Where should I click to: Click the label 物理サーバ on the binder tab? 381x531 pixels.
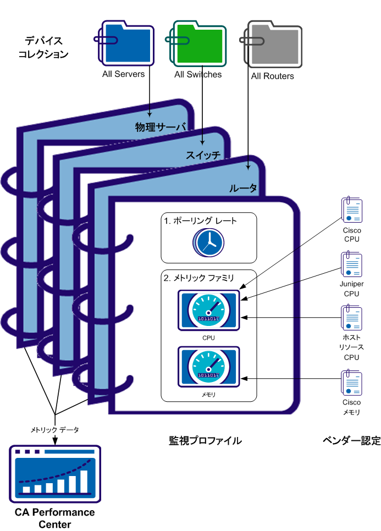coord(161,127)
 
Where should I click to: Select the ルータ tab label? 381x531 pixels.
coord(243,189)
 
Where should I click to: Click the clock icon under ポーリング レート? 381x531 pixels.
coord(208,242)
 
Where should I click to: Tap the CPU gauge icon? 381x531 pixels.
coord(208,310)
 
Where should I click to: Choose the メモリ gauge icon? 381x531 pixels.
coord(208,366)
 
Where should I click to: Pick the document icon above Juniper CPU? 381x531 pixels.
coord(351,264)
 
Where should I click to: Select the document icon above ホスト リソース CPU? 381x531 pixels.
coord(351,317)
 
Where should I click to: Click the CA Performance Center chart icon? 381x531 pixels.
coord(55,473)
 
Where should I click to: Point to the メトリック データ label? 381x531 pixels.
coord(54,429)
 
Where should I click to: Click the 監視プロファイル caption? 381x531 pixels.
coord(205,441)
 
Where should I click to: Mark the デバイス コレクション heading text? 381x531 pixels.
coord(43,47)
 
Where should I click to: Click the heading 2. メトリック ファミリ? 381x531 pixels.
coord(199,279)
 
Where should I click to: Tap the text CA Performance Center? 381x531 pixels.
coord(55,518)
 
